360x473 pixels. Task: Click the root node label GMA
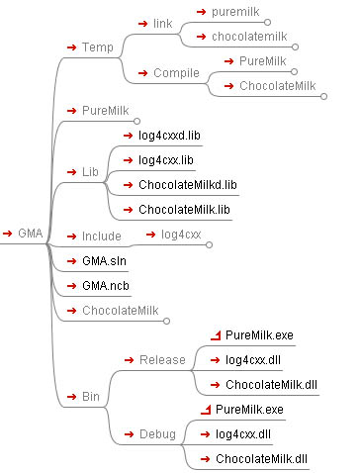[x=30, y=235]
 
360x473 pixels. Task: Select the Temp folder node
[x=98, y=47]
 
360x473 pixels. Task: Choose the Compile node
[x=177, y=73]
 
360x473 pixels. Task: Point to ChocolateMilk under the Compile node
[x=277, y=86]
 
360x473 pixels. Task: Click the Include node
[x=102, y=236]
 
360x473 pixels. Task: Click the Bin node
[x=91, y=397]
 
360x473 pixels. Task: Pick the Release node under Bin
[x=162, y=359]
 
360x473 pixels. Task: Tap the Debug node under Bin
[x=158, y=434]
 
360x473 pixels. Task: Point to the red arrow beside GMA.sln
[x=71, y=261]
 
